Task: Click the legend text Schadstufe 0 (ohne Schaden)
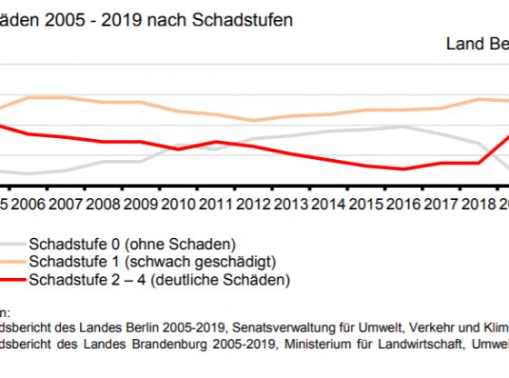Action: pos(133,244)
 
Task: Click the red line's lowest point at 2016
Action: pos(402,169)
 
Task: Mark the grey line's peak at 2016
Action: pos(402,126)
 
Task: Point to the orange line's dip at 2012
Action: pos(254,120)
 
